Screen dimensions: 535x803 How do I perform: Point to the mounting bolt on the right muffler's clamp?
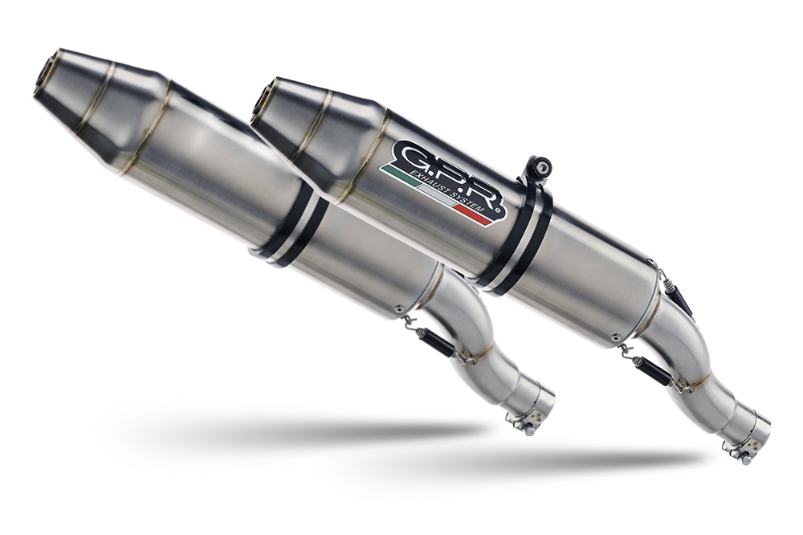pyautogui.click(x=543, y=168)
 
